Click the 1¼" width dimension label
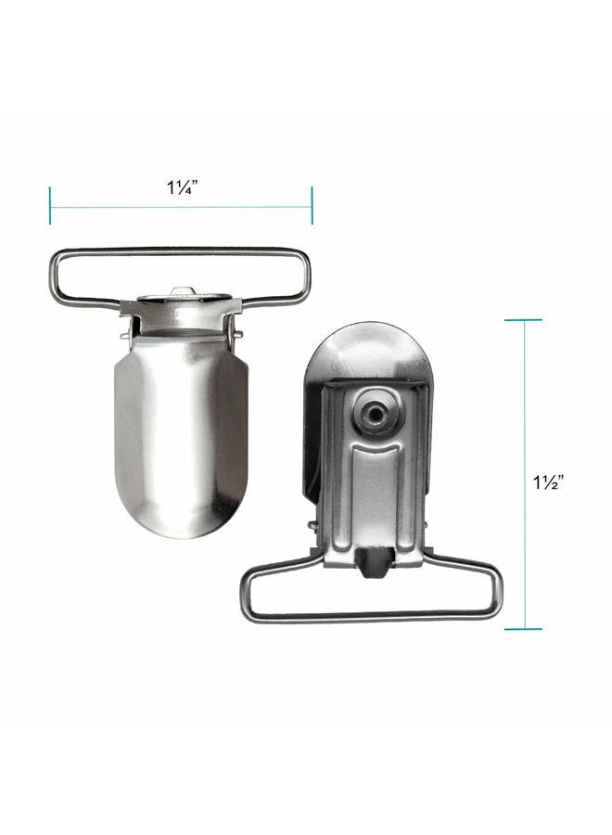(183, 186)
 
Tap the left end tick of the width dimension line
(50, 205)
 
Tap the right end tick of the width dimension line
(312, 205)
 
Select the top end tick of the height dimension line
(523, 319)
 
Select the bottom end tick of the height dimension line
(523, 629)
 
